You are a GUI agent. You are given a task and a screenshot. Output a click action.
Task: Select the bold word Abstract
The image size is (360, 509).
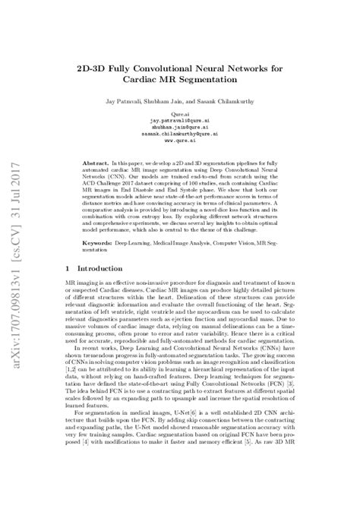coord(95,163)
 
